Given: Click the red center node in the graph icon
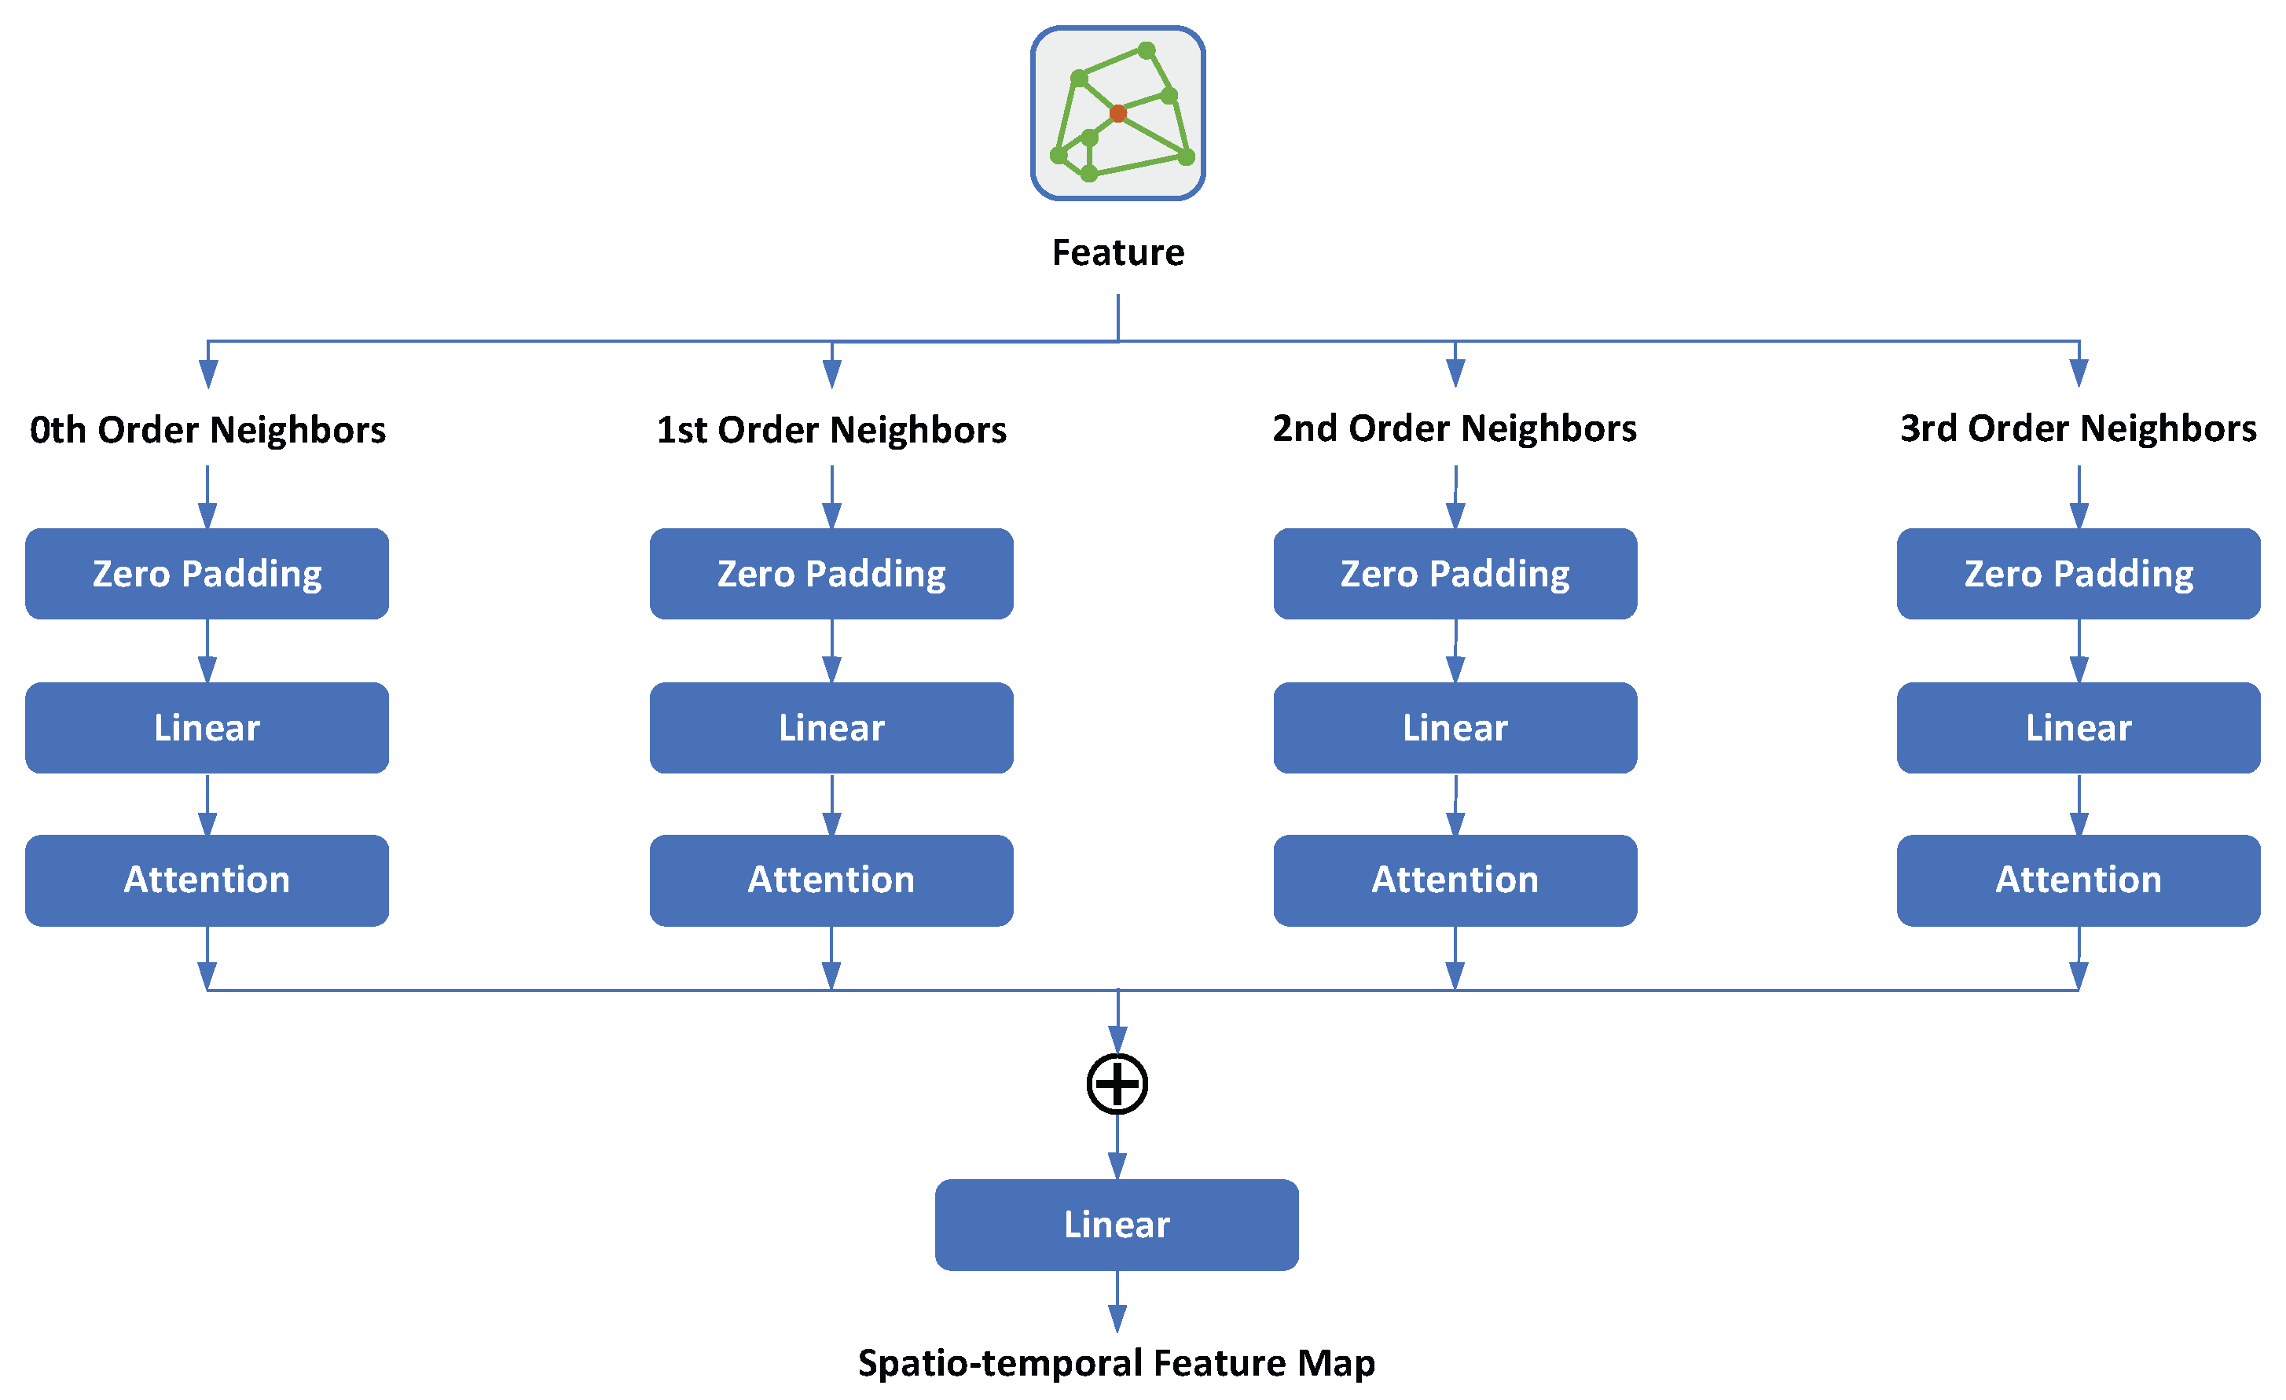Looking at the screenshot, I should pyautogui.click(x=1118, y=113).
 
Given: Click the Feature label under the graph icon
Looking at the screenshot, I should pyautogui.click(x=1118, y=252).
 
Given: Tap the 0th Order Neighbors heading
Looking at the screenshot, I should pyautogui.click(x=207, y=429).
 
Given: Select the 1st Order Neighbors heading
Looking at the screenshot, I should pyautogui.click(x=831, y=429).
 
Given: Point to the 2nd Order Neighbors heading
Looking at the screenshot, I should pyautogui.click(x=1454, y=428).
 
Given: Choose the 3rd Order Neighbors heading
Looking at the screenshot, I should pyautogui.click(x=2079, y=428).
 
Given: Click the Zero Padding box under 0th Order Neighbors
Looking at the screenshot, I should pyautogui.click(x=207, y=573).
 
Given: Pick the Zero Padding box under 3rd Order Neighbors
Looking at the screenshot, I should pyautogui.click(x=2079, y=573).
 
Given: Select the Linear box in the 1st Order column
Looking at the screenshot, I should pyautogui.click(x=831, y=727).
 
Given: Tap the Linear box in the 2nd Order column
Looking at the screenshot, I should pyautogui.click(x=1455, y=727).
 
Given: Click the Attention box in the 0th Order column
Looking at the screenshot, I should pyautogui.click(x=207, y=880).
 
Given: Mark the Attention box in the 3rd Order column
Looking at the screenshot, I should pyautogui.click(x=2079, y=880).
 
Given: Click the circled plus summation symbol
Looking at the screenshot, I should pyautogui.click(x=1117, y=1084).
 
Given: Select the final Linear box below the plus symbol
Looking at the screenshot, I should pyautogui.click(x=1117, y=1225).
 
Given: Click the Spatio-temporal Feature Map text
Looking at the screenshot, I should pyautogui.click(x=1117, y=1363).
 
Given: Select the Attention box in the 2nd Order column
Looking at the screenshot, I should pyautogui.click(x=1455, y=880).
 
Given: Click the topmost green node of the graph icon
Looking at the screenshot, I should pyautogui.click(x=1147, y=50).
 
